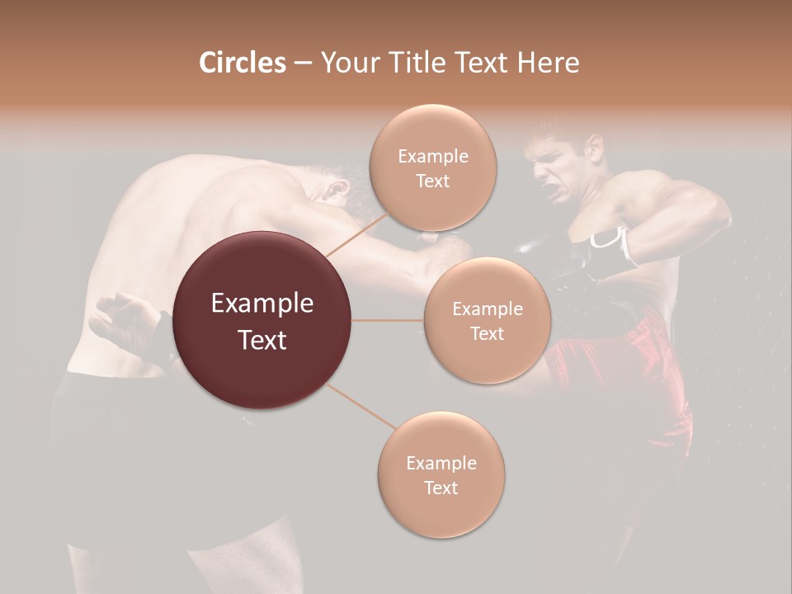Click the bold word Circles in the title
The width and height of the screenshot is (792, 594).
(x=242, y=62)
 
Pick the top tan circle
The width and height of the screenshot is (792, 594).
(x=432, y=167)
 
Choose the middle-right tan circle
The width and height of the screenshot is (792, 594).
(x=487, y=320)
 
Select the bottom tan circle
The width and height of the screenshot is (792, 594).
(x=441, y=474)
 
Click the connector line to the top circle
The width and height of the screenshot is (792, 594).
(x=357, y=233)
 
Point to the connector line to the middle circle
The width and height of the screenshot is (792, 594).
(x=388, y=320)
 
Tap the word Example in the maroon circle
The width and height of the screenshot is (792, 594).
(x=262, y=304)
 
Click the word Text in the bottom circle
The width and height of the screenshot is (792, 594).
(x=441, y=488)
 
